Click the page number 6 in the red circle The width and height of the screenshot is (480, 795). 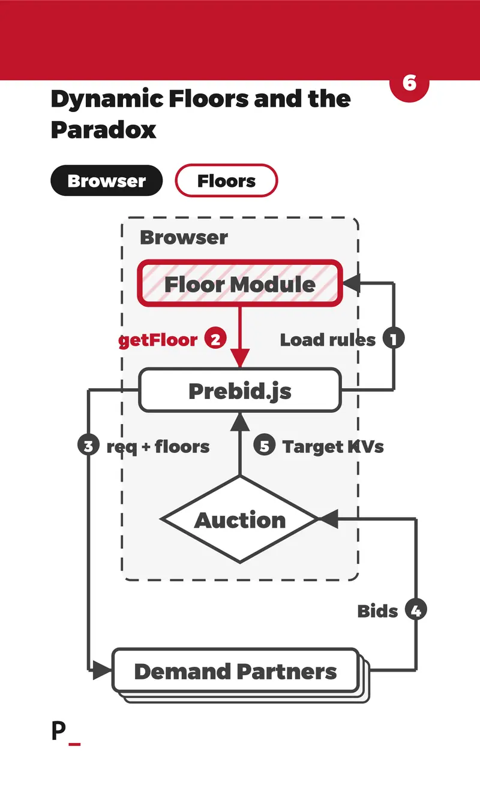pyautogui.click(x=409, y=83)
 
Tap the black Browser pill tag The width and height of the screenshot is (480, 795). pyautogui.click(x=107, y=180)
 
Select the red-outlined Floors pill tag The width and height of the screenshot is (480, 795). pyautogui.click(x=226, y=180)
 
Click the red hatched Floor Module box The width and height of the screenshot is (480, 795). pyautogui.click(x=240, y=283)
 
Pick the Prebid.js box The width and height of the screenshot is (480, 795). pyautogui.click(x=240, y=391)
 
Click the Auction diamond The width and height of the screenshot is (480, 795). pyautogui.click(x=240, y=519)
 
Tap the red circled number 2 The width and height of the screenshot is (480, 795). pyautogui.click(x=215, y=338)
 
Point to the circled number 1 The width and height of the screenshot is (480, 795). pyautogui.click(x=394, y=338)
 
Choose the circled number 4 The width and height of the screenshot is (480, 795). pyautogui.click(x=416, y=610)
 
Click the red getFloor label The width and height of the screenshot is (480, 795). pyautogui.click(x=158, y=340)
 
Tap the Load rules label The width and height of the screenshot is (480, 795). pyautogui.click(x=328, y=340)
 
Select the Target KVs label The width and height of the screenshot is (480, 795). pyautogui.click(x=333, y=447)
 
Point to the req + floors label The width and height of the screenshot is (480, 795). pyautogui.click(x=158, y=447)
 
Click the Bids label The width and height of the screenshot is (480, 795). pyautogui.click(x=377, y=611)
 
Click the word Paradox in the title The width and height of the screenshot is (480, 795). pyautogui.click(x=103, y=129)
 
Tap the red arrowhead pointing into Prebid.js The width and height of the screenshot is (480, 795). pyautogui.click(x=240, y=358)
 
